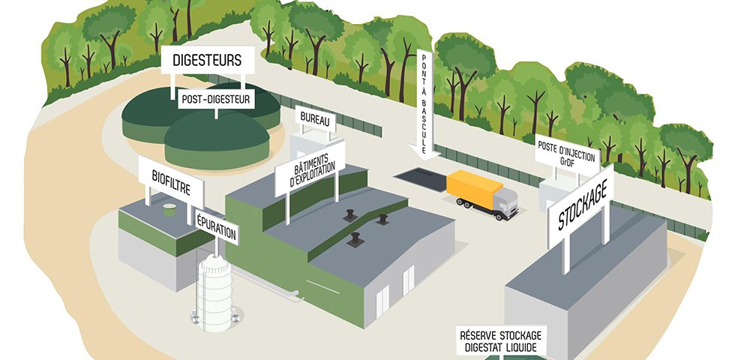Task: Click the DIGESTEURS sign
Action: (208, 60)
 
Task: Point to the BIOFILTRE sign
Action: (171, 178)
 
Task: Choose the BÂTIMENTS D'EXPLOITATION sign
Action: (310, 168)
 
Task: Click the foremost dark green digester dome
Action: (217, 139)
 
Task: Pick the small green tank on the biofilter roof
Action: (170, 213)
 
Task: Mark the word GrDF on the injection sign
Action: (567, 161)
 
